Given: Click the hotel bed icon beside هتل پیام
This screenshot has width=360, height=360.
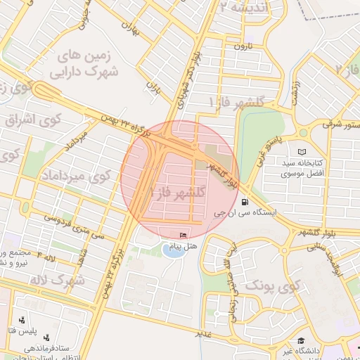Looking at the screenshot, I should click(184, 235).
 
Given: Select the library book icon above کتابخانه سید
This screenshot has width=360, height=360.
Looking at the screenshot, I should click(302, 152).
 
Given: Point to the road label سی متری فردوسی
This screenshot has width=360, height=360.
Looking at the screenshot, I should click(74, 227).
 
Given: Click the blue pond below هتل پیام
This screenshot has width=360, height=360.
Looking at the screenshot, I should click(172, 250).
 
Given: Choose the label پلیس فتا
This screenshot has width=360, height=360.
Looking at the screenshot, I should click(39, 331).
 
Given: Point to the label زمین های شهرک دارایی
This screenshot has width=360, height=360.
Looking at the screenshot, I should click(83, 62).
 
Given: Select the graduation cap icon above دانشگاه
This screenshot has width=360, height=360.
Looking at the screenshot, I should click(300, 341).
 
